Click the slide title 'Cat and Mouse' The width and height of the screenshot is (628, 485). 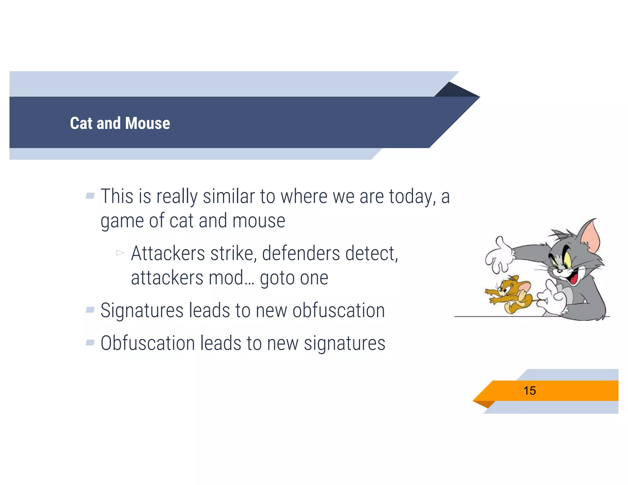tap(120, 123)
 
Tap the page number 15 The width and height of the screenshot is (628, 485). tap(530, 391)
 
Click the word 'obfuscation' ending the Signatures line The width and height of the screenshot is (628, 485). tap(339, 310)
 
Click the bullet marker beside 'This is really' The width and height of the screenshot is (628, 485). tap(90, 196)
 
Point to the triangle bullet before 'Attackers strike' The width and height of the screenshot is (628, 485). tap(120, 253)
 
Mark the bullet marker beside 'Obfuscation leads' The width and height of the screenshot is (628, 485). tap(90, 342)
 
